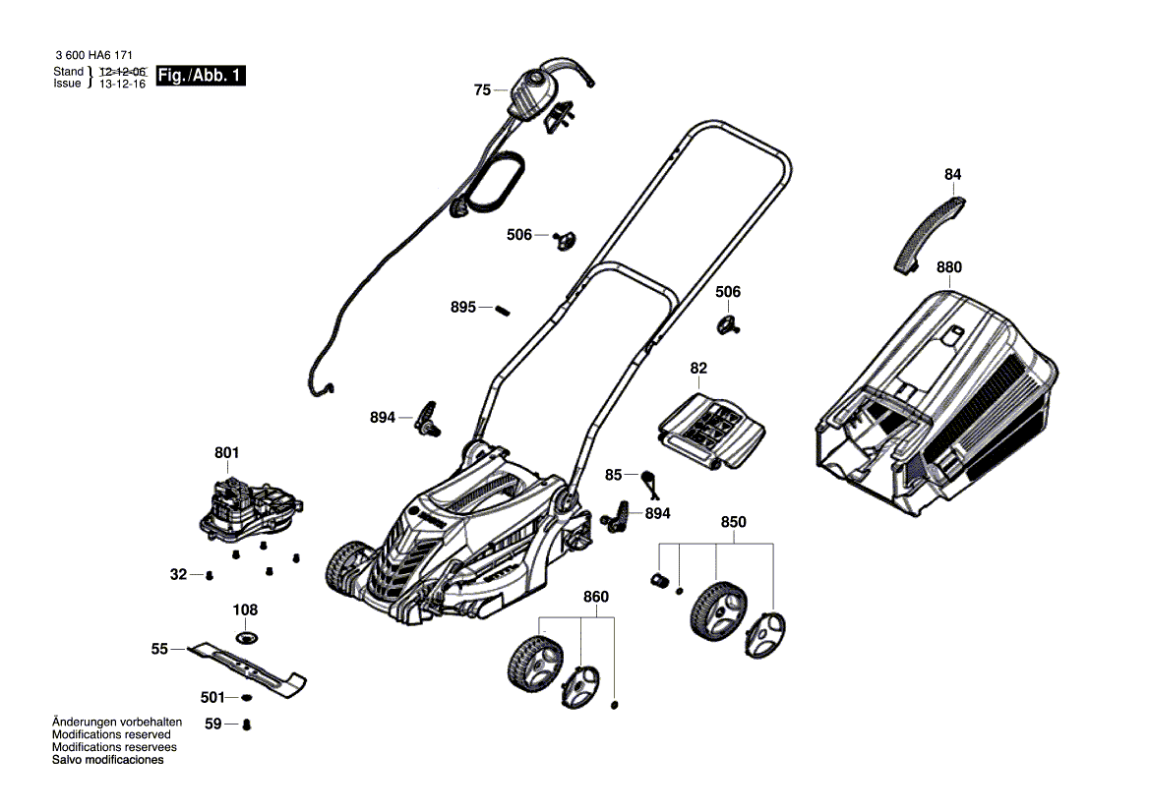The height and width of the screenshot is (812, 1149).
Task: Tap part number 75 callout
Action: tap(481, 89)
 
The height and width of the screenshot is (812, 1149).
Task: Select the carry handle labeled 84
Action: tap(929, 233)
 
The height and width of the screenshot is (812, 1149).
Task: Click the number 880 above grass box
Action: tap(949, 266)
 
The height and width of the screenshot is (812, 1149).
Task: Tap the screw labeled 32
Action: tap(209, 575)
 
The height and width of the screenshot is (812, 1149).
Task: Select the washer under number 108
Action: tap(246, 638)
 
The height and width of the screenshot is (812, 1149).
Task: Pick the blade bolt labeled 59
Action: tap(246, 725)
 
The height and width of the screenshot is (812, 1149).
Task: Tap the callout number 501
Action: tap(212, 697)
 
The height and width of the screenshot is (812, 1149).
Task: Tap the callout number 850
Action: tap(733, 522)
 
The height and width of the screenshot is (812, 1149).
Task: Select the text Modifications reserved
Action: tap(111, 734)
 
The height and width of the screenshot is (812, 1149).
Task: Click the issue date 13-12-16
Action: tap(123, 85)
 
